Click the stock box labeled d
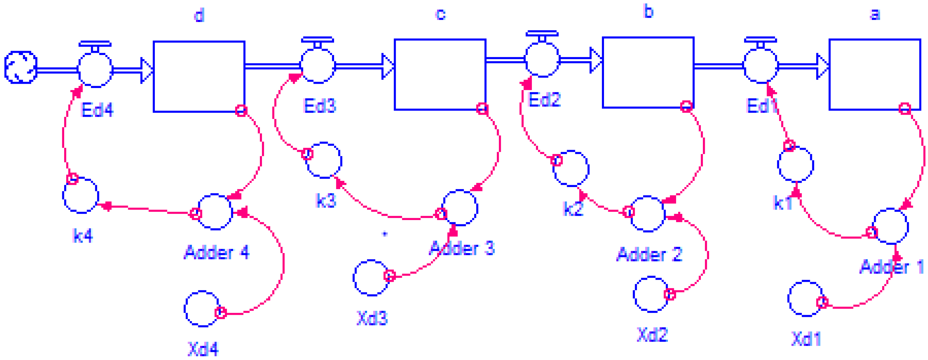tap(199, 76)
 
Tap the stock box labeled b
tap(648, 72)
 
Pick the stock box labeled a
tap(875, 74)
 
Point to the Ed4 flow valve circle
tap(95, 70)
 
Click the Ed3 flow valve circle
tap(318, 66)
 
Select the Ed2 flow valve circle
tap(542, 60)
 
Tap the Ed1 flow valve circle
tap(760, 66)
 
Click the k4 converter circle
tap(81, 195)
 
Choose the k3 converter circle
tap(324, 160)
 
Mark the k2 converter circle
tap(571, 168)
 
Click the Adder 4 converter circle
tap(215, 212)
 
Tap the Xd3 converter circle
tap(371, 278)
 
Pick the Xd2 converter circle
tap(651, 294)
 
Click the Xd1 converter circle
tap(806, 298)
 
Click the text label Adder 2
tap(649, 255)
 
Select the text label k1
tap(782, 203)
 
